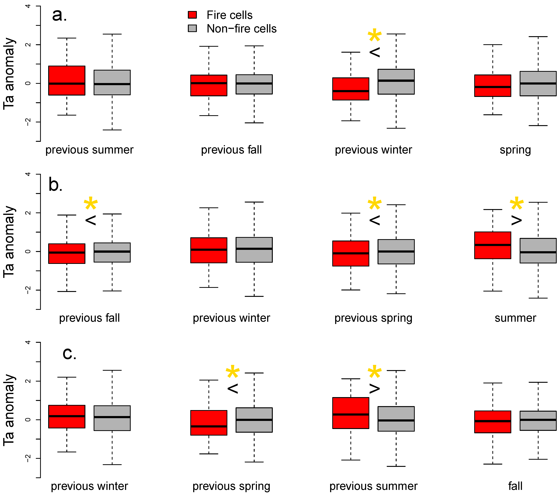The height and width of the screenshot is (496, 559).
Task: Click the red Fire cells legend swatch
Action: [192, 15]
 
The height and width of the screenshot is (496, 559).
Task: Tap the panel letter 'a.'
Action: [59, 15]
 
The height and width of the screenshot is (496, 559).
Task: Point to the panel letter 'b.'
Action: [56, 185]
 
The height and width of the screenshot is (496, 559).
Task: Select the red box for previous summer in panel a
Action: [67, 80]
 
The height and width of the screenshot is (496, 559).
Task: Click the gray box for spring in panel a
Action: [538, 83]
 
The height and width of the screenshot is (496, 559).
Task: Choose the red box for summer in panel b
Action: [493, 245]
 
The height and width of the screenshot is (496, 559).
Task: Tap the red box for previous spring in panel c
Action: [209, 423]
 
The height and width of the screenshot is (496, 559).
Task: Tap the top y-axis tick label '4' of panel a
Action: [28, 6]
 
